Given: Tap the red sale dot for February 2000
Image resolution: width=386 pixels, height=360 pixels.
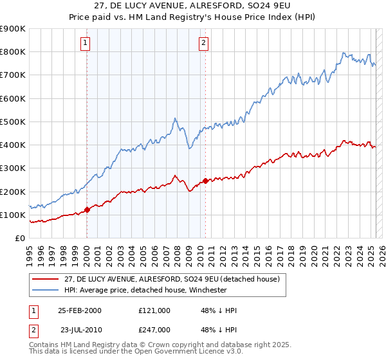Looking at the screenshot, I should (87, 210).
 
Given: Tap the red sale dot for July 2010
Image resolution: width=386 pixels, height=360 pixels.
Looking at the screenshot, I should (205, 181).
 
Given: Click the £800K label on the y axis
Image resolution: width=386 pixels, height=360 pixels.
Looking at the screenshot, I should (13, 52).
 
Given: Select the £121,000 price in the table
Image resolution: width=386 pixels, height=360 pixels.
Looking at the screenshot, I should (154, 310).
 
